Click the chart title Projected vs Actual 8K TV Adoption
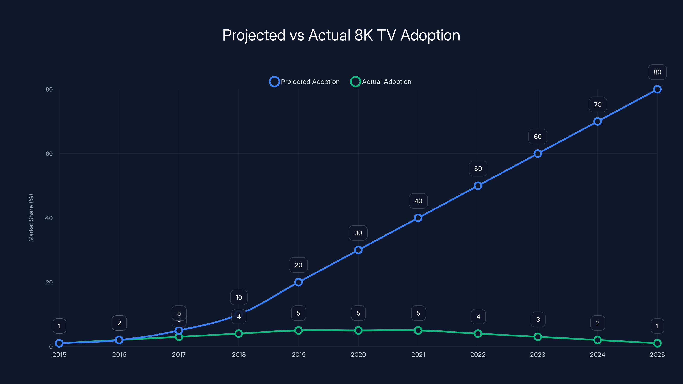point(341,35)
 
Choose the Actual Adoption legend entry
point(381,82)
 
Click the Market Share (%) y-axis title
point(31,218)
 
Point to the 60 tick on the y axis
point(49,154)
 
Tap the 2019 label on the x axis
point(299,355)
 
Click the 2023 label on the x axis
point(538,355)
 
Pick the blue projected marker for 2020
point(358,250)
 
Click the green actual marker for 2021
point(418,330)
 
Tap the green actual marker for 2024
point(597,340)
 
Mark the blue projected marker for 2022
point(478,186)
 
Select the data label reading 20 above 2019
point(298,265)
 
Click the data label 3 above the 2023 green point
point(538,320)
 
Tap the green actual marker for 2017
point(179,337)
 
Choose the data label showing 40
point(418,201)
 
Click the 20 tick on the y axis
point(49,282)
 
